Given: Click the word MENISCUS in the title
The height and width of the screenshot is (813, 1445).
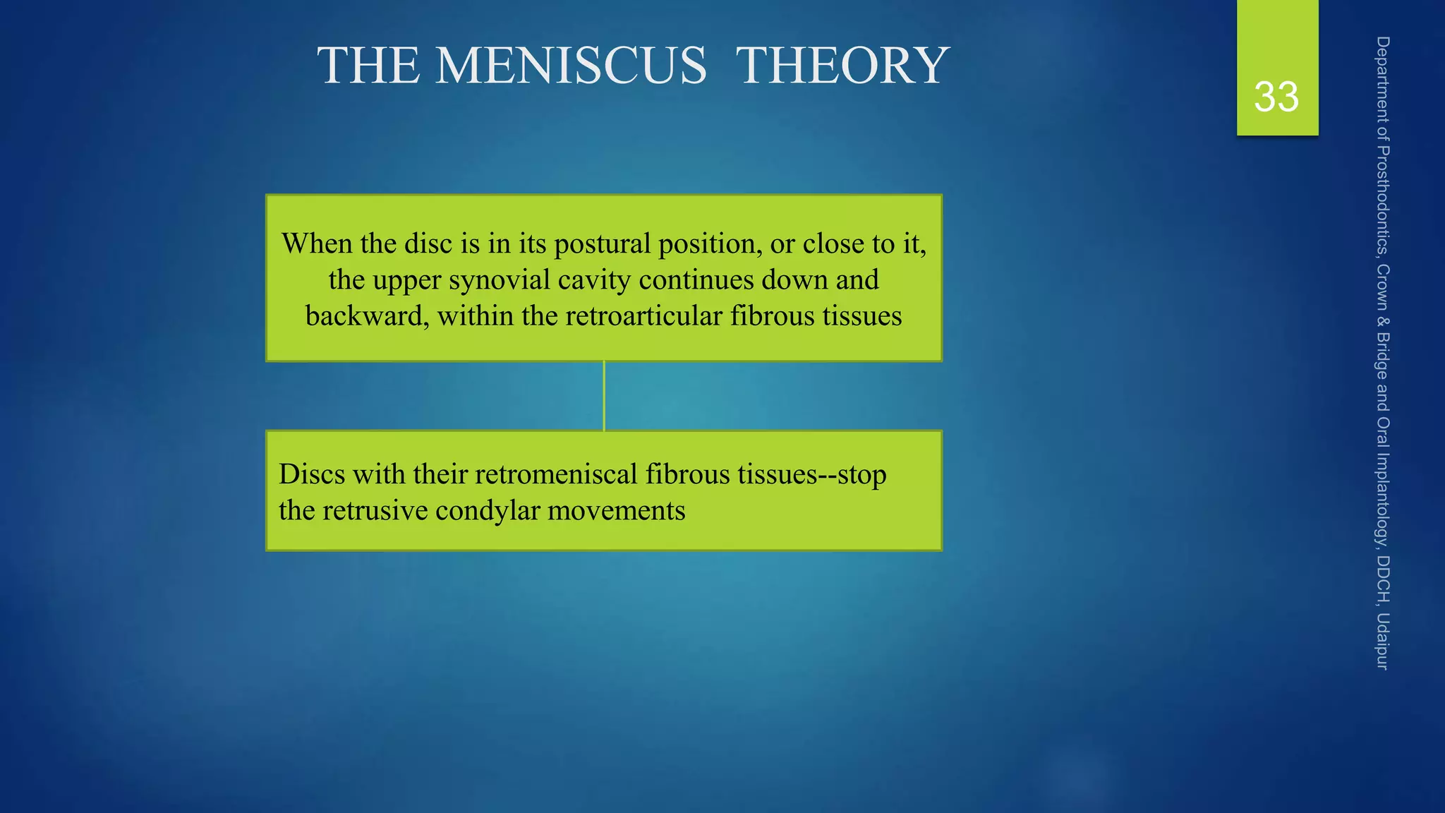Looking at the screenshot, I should click(571, 66).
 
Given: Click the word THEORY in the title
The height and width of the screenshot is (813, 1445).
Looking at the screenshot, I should click(842, 66).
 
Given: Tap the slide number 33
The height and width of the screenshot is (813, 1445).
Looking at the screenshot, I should click(1276, 97).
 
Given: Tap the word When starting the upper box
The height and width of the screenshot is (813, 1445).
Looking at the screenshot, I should click(316, 244).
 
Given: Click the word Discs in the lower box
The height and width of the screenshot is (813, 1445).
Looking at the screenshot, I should click(312, 474).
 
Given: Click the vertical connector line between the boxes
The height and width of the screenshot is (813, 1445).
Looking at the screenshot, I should click(604, 396).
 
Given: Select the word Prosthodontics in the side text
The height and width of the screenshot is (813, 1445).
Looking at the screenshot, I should click(1383, 200).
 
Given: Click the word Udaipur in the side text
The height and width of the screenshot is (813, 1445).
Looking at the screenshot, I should click(1383, 642).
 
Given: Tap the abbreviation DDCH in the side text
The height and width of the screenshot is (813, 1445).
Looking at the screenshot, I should click(1383, 579).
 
